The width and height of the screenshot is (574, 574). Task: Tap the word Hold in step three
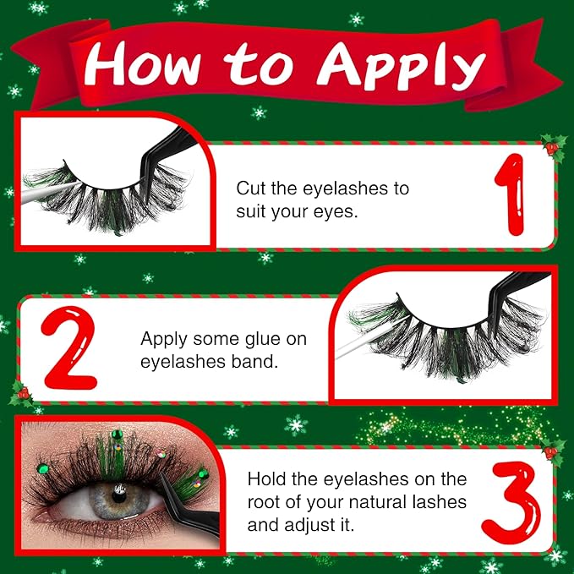[x=267, y=478]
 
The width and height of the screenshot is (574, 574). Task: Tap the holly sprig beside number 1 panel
[x=554, y=148]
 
